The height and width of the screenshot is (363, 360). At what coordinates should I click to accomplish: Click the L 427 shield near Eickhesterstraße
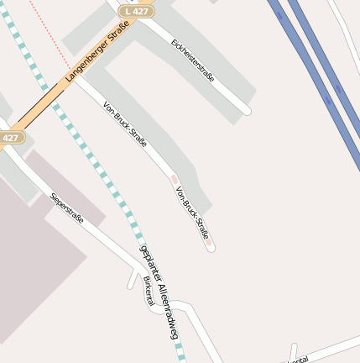coord(136,11)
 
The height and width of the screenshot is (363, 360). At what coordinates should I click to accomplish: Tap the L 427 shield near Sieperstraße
coord(9,138)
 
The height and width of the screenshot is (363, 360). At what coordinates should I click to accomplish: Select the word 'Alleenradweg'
coord(167,310)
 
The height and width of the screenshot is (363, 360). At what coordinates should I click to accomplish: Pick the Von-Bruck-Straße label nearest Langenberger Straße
coord(124,124)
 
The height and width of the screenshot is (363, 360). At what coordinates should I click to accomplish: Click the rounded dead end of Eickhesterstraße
coord(246,110)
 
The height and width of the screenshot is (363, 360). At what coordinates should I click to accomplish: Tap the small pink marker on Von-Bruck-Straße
coord(175,179)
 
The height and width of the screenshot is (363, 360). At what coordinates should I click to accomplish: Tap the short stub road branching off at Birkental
coord(133,281)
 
